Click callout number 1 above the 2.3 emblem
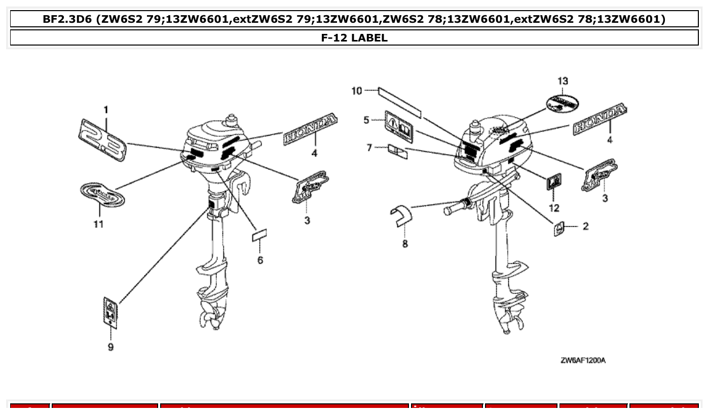(x=106, y=109)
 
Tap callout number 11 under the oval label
(x=98, y=224)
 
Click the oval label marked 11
(x=103, y=195)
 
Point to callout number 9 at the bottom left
(x=111, y=347)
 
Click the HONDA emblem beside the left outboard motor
(x=311, y=130)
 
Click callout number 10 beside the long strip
(x=357, y=91)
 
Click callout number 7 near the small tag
(x=369, y=147)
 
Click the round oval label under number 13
(x=562, y=103)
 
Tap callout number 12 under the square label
(x=553, y=208)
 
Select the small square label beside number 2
(x=559, y=229)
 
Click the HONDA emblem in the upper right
(x=600, y=120)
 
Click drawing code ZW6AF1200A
(x=583, y=360)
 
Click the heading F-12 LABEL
(x=354, y=37)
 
